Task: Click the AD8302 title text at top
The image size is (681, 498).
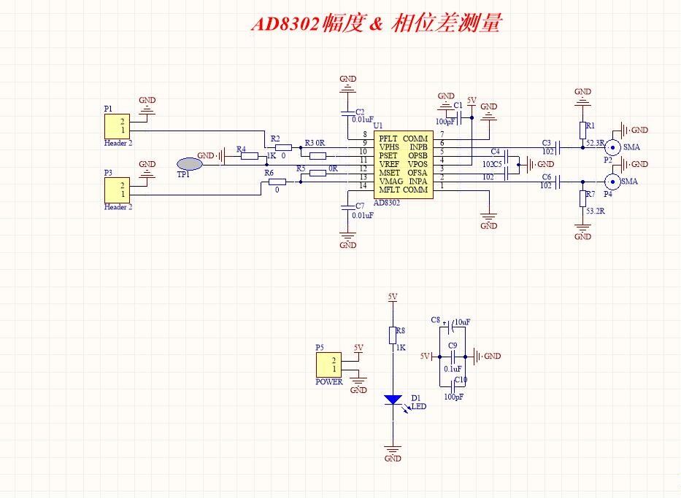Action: (x=376, y=23)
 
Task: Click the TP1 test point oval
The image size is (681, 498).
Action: (x=189, y=164)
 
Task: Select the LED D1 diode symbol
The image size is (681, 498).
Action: (x=393, y=400)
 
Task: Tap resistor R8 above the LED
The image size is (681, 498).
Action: (x=393, y=335)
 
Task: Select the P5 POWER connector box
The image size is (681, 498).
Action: (x=329, y=365)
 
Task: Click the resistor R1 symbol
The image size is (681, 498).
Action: (x=582, y=130)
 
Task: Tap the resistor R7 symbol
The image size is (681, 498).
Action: (x=582, y=198)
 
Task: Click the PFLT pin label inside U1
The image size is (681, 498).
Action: (x=389, y=139)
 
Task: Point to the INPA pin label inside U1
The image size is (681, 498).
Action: (x=418, y=181)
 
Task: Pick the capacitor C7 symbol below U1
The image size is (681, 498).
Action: (x=348, y=208)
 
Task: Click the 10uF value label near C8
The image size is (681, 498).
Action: (x=462, y=322)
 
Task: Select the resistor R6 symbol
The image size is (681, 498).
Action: (x=277, y=182)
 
